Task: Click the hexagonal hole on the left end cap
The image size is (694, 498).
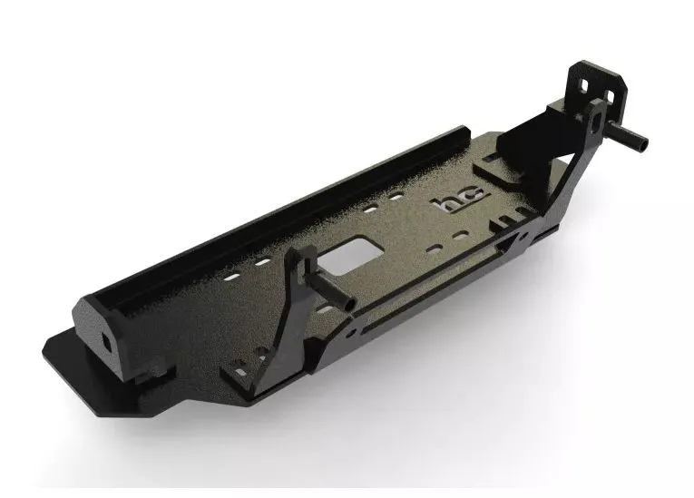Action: pyautogui.click(x=108, y=340)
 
